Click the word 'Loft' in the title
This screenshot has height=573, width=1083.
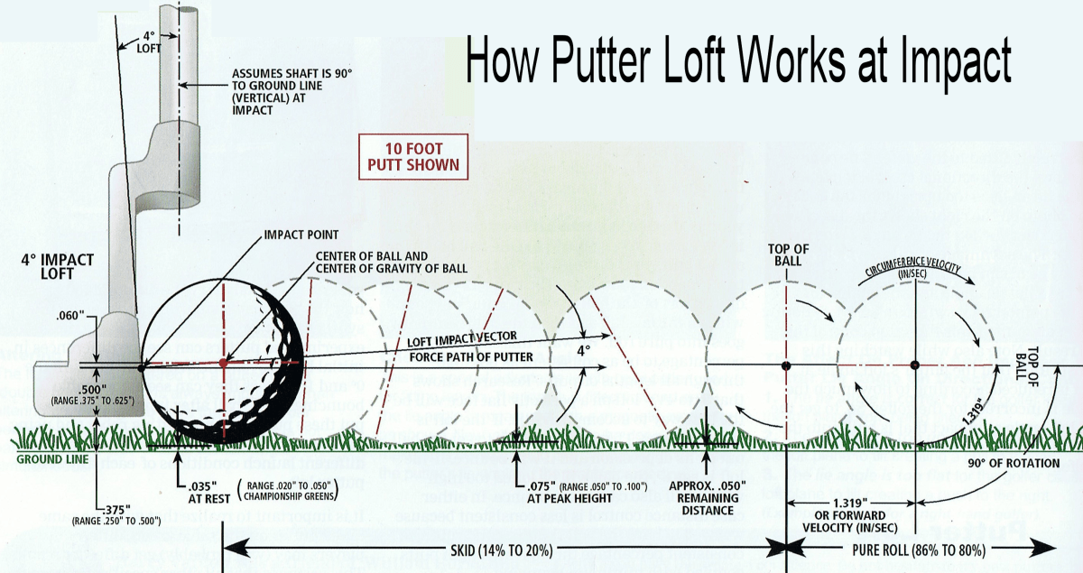click(x=684, y=61)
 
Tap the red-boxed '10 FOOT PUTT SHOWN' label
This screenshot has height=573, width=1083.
click(x=412, y=156)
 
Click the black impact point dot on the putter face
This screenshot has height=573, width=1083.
click(x=140, y=367)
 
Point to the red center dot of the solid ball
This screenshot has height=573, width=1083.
click(x=223, y=363)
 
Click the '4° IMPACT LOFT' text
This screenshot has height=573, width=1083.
click(x=57, y=268)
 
